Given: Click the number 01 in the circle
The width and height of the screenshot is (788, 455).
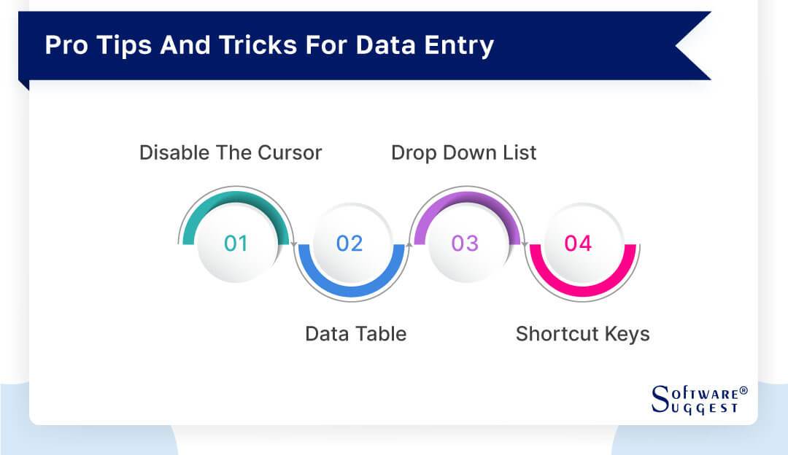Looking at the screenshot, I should (x=236, y=243).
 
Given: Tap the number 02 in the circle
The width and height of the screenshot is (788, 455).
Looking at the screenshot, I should (x=349, y=243).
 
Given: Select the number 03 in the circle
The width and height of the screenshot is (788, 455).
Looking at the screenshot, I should (x=465, y=243).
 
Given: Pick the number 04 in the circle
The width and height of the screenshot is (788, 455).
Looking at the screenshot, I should (x=579, y=243).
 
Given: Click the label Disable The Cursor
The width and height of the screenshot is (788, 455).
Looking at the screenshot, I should (x=231, y=152).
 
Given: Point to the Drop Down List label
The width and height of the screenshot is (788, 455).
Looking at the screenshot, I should (x=464, y=152).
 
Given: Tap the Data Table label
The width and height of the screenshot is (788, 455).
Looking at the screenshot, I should (x=355, y=334).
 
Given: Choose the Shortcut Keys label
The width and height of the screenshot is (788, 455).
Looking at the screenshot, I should (x=582, y=334).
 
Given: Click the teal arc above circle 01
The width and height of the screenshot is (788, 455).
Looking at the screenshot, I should (x=235, y=198).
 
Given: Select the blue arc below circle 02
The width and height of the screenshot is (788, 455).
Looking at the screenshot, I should (x=350, y=289).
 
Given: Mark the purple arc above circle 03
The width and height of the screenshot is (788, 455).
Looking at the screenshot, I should (x=466, y=198).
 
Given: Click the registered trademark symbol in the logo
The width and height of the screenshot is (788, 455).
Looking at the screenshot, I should (x=743, y=392).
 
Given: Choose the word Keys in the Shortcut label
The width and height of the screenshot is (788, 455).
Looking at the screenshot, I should (x=627, y=334).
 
